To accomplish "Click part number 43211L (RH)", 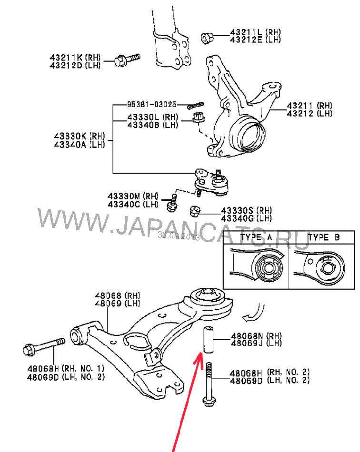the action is point(255,32).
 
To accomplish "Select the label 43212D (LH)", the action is point(75,66).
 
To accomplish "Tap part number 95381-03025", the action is point(152,104).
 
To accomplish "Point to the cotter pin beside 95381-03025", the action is point(195,105).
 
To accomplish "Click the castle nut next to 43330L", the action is point(199,118).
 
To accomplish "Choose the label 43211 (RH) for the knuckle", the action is point(310,106).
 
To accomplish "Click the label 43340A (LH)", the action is point(80,145).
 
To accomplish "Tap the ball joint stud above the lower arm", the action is point(219,174).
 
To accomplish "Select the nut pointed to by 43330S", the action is point(195,211).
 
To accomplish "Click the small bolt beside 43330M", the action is point(172,203).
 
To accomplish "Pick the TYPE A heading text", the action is point(256,237).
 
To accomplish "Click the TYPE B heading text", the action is point(324,237).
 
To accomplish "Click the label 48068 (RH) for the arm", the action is point(118,295).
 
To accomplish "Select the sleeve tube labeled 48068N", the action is point(209,340).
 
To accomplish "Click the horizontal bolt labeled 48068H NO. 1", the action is point(44,346).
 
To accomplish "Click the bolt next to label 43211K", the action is point(127,59).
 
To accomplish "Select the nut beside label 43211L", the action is point(207,38).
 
